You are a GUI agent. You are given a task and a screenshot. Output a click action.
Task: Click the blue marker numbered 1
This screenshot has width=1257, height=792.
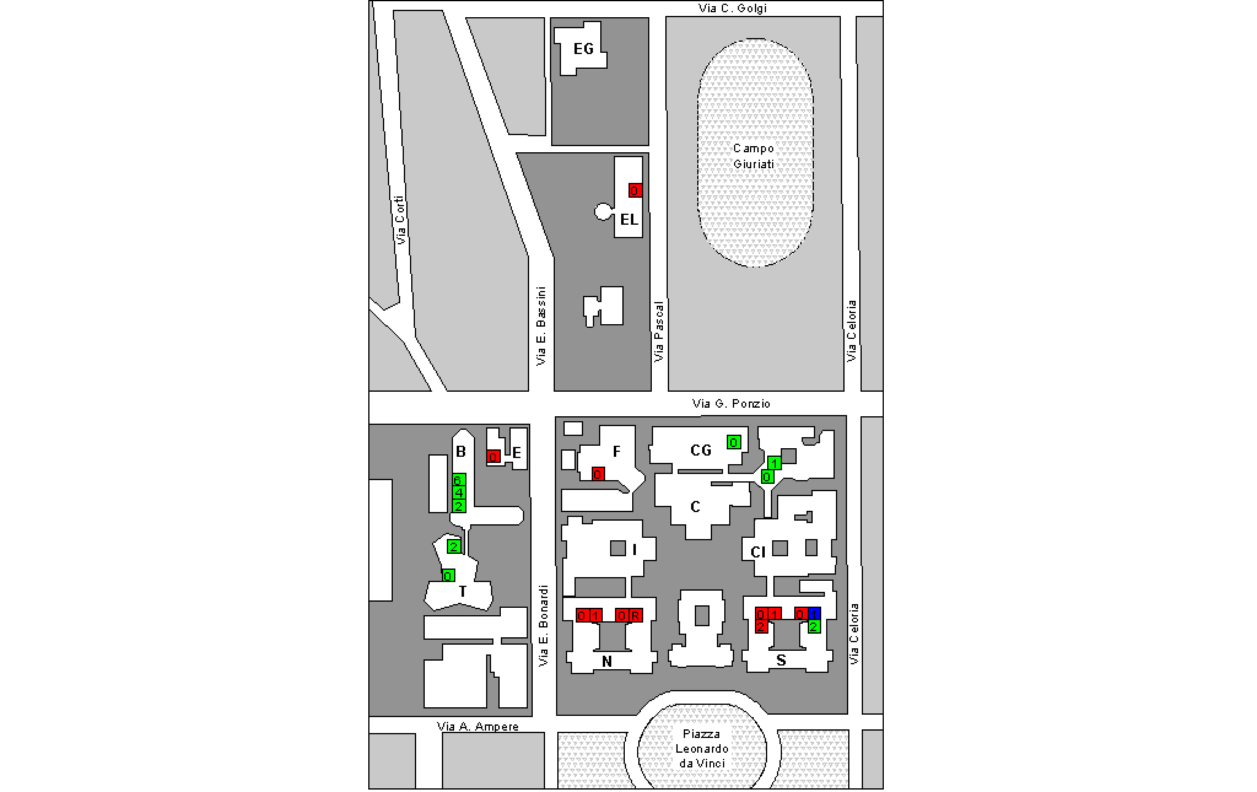pyautogui.click(x=814, y=613)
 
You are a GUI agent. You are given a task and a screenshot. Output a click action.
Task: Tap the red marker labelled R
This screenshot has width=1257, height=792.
pyautogui.click(x=636, y=615)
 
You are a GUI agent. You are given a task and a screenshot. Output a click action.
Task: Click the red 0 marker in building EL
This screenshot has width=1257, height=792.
pyautogui.click(x=635, y=190)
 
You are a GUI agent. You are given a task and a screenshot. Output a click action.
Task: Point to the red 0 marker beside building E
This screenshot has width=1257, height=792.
pyautogui.click(x=493, y=456)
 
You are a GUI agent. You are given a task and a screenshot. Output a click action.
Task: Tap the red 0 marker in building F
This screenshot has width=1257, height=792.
pyautogui.click(x=598, y=473)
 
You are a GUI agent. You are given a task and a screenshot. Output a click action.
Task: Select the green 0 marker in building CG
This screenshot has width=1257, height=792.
pyautogui.click(x=733, y=441)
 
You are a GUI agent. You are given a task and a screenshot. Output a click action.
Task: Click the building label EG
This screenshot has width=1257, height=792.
pyautogui.click(x=583, y=49)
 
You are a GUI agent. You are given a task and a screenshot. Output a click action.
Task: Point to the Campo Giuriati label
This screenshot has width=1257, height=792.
pyautogui.click(x=754, y=156)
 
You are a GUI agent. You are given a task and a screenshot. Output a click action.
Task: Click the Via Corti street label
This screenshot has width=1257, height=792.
pyautogui.click(x=401, y=220)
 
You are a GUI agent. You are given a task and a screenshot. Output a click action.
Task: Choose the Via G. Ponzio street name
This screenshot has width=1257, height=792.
pyautogui.click(x=730, y=403)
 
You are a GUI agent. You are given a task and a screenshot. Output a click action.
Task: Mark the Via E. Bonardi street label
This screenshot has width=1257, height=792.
pyautogui.click(x=543, y=625)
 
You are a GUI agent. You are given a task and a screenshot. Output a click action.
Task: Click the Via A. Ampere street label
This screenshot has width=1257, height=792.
pyautogui.click(x=478, y=726)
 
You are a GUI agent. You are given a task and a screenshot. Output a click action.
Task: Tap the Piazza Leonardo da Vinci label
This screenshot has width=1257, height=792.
pyautogui.click(x=702, y=748)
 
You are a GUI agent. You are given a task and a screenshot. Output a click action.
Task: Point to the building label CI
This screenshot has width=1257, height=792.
pyautogui.click(x=758, y=552)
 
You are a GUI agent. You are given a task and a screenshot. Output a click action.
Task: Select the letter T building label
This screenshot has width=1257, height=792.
pyautogui.click(x=463, y=592)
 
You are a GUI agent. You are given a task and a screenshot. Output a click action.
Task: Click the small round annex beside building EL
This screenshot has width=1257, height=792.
pyautogui.click(x=603, y=212)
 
